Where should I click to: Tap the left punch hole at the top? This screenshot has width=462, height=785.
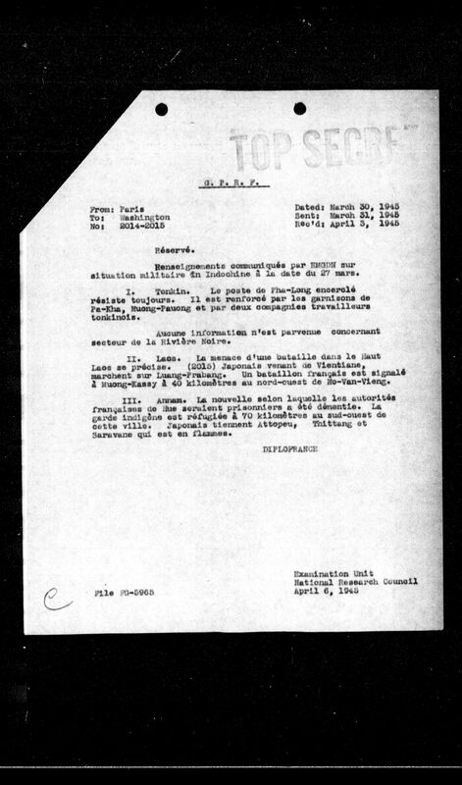tap(160, 109)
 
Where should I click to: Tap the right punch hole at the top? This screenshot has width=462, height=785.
tap(299, 109)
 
